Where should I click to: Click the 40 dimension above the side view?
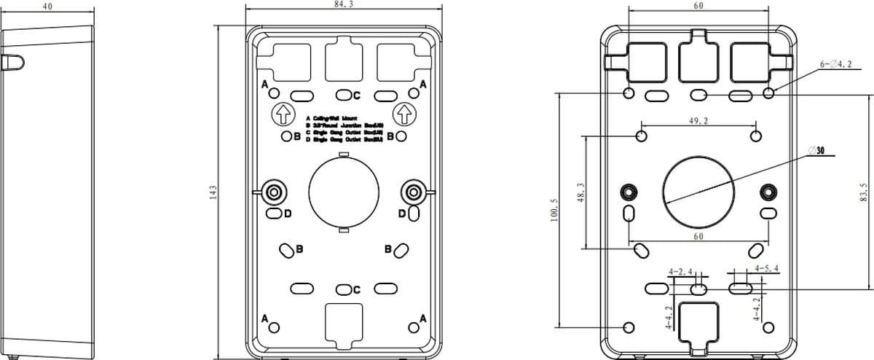[x=47, y=5]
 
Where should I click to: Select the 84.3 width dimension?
[x=343, y=4]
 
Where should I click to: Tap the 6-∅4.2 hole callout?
[x=835, y=64]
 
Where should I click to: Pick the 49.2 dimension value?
[x=698, y=121]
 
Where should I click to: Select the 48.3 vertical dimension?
[x=580, y=193]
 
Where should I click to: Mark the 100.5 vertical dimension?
[x=554, y=211]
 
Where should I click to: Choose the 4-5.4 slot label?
[x=767, y=268]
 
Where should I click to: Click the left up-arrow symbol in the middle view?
[x=283, y=114]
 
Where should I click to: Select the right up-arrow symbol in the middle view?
[x=403, y=114]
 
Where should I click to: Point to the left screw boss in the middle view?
[x=275, y=192]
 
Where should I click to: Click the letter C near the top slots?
[x=357, y=95]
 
